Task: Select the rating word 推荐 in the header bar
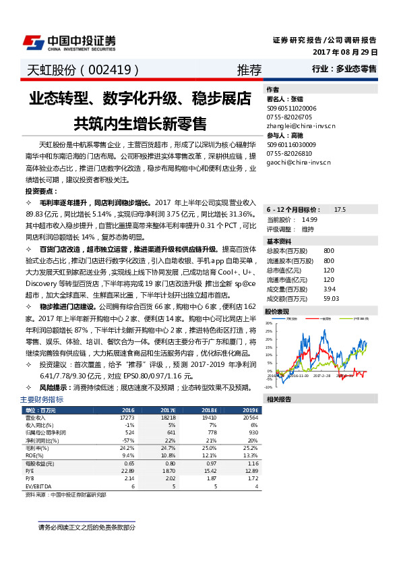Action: tap(249, 70)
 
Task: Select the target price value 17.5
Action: tap(340, 210)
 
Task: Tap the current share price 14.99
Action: tap(309, 219)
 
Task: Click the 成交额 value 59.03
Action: tap(330, 298)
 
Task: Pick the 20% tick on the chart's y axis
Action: tap(269, 323)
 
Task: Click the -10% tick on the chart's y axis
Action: tap(268, 387)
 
